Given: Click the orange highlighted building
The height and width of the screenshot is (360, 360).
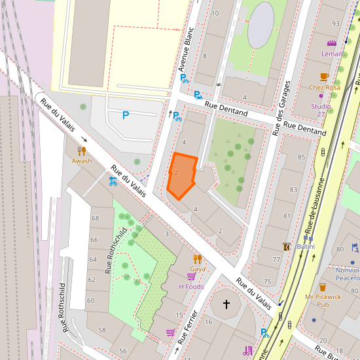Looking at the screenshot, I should tap(181, 175).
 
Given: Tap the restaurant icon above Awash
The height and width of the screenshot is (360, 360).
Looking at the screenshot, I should tap(82, 151).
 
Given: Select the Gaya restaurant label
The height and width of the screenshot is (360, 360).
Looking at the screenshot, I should tap(197, 268).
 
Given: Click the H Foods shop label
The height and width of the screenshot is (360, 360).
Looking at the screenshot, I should tap(191, 286).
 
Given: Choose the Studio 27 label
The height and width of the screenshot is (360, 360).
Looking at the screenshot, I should tap(321, 110).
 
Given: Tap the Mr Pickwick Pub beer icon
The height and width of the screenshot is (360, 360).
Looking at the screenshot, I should tap(322, 287).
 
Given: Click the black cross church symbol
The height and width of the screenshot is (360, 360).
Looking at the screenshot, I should tap(226, 304).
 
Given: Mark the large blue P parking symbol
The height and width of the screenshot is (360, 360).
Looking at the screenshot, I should tap(126, 115).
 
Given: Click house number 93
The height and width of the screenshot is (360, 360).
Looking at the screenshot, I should tap(336, 24).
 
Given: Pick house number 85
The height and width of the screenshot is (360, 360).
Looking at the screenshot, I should tap(301, 157).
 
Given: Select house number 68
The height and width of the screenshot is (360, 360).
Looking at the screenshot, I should tap(94, 219).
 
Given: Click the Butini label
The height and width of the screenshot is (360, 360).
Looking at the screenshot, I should tap(306, 246).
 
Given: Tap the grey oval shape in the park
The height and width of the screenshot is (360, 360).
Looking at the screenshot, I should tap(261, 24).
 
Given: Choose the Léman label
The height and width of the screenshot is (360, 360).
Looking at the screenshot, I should tap(332, 54).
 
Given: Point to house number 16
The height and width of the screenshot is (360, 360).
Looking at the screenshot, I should tap(208, 322).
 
